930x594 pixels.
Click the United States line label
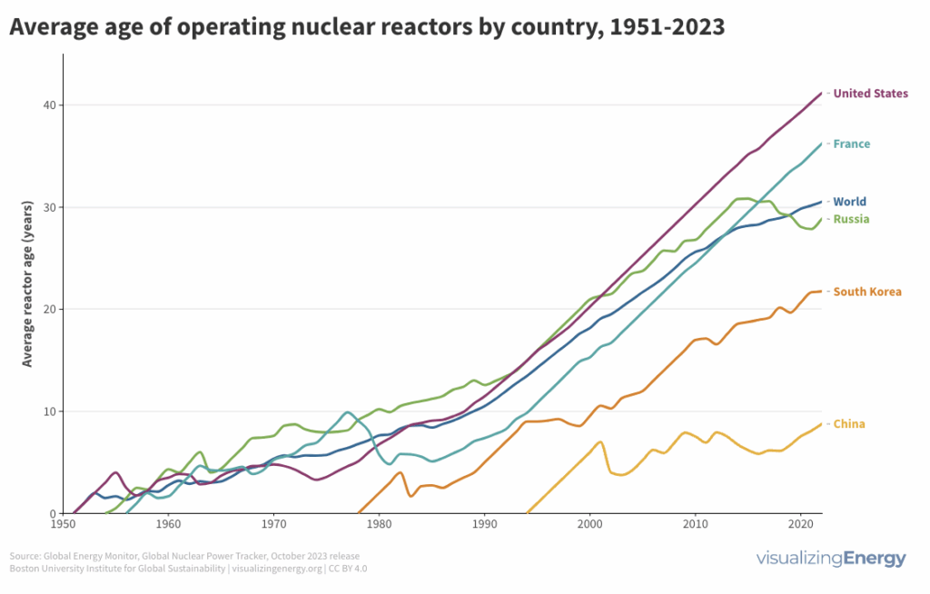(x=870, y=94)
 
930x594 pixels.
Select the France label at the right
(x=851, y=144)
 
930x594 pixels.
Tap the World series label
(x=849, y=203)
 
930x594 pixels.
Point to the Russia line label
(x=851, y=220)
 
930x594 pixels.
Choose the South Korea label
(x=867, y=292)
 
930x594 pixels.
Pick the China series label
(x=848, y=424)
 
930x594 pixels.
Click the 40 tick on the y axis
(x=47, y=105)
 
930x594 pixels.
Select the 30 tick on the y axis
(x=47, y=207)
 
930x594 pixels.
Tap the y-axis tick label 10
(x=47, y=411)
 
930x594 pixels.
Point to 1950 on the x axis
(x=63, y=526)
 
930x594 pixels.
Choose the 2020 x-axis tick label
(x=800, y=526)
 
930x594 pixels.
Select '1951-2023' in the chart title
(x=668, y=28)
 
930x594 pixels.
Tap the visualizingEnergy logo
(x=831, y=559)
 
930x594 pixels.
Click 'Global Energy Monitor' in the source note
(x=81, y=556)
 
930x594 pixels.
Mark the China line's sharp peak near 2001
(x=600, y=442)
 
